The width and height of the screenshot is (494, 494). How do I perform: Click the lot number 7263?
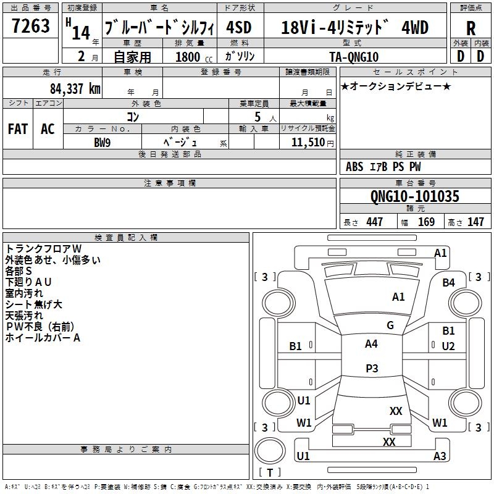(31, 27)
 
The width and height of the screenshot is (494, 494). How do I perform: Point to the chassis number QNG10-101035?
(414, 196)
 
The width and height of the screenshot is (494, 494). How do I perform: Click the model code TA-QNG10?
(355, 56)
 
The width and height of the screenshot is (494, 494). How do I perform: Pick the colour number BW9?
(103, 142)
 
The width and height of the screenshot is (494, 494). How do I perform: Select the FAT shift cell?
(17, 129)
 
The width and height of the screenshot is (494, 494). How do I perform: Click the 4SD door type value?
(240, 28)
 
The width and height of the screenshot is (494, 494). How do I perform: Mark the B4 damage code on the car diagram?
(448, 282)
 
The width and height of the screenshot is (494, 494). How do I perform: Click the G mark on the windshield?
(390, 325)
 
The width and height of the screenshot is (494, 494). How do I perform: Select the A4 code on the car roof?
(371, 344)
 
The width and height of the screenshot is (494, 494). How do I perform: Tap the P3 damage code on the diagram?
(371, 368)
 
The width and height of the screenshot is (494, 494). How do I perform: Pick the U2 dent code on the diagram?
(448, 346)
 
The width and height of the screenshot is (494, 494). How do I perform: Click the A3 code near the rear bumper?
(440, 456)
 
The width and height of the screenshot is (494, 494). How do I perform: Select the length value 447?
(374, 222)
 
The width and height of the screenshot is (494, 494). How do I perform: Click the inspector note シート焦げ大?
(34, 304)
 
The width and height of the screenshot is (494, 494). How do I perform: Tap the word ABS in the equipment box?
(354, 167)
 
